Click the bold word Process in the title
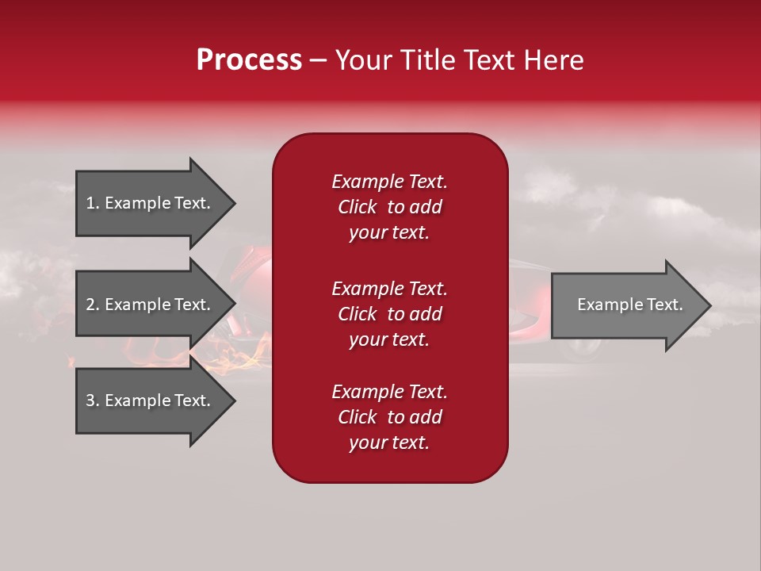[x=249, y=60]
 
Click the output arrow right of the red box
[x=626, y=305]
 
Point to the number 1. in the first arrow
[x=93, y=203]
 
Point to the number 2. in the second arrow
[x=93, y=305]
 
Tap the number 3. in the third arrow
[x=93, y=400]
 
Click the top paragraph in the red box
[x=389, y=207]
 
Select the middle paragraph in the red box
[x=389, y=314]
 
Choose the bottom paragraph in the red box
[x=389, y=417]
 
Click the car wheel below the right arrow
[x=583, y=347]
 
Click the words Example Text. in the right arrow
[x=629, y=305]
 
